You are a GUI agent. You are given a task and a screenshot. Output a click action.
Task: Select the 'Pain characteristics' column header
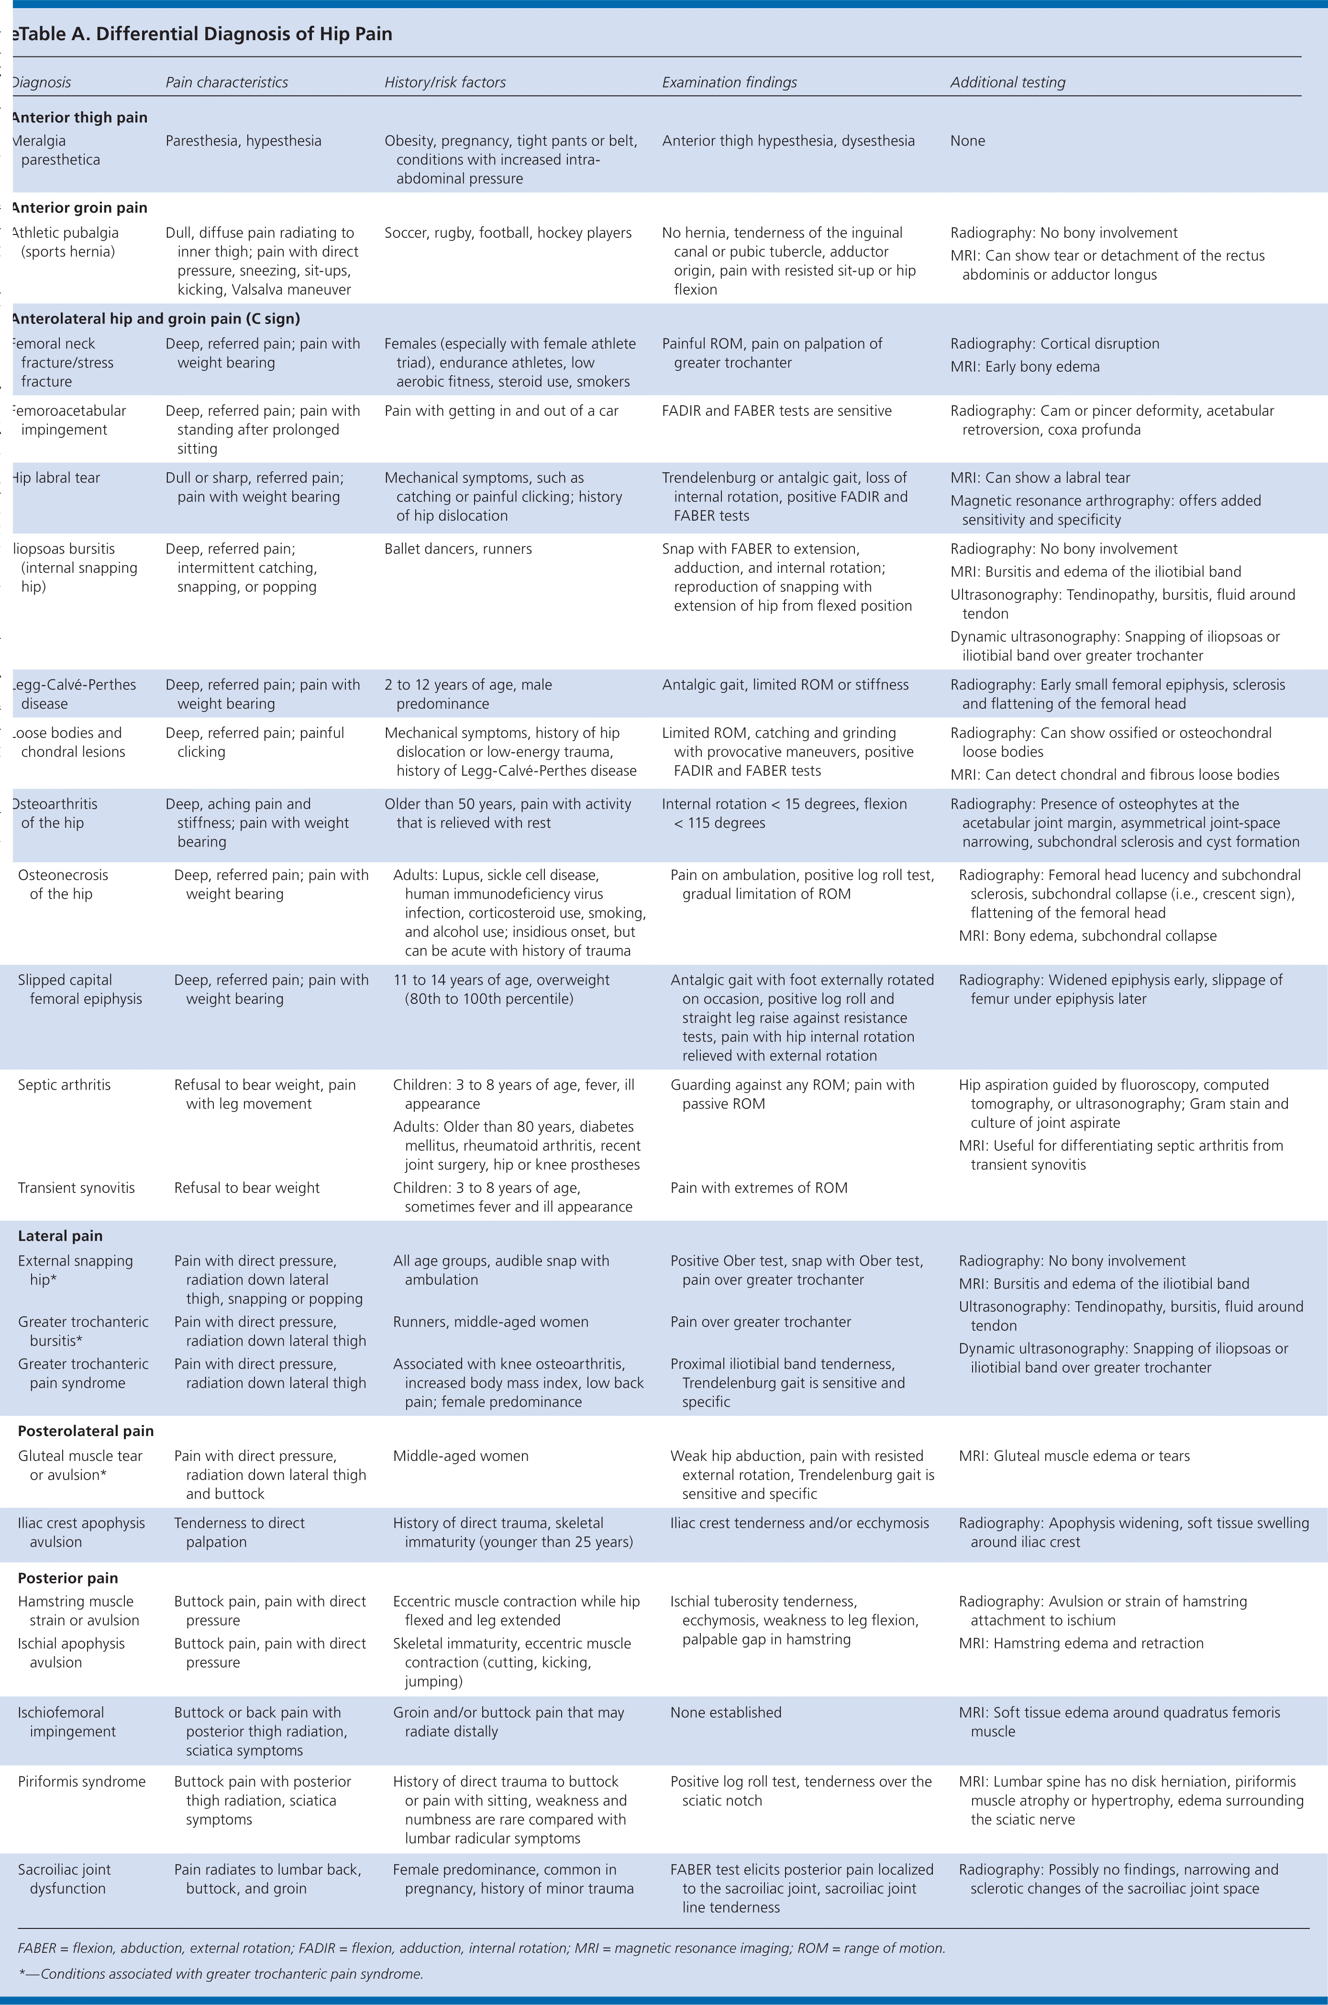coord(226,82)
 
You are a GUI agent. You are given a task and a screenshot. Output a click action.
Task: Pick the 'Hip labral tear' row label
coord(56,478)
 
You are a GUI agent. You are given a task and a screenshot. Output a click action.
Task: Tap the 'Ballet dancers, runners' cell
coord(458,549)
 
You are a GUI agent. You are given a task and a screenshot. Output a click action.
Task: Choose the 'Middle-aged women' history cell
coord(461,1456)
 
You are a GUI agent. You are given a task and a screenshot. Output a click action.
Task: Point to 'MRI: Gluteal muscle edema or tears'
coord(1074,1456)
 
